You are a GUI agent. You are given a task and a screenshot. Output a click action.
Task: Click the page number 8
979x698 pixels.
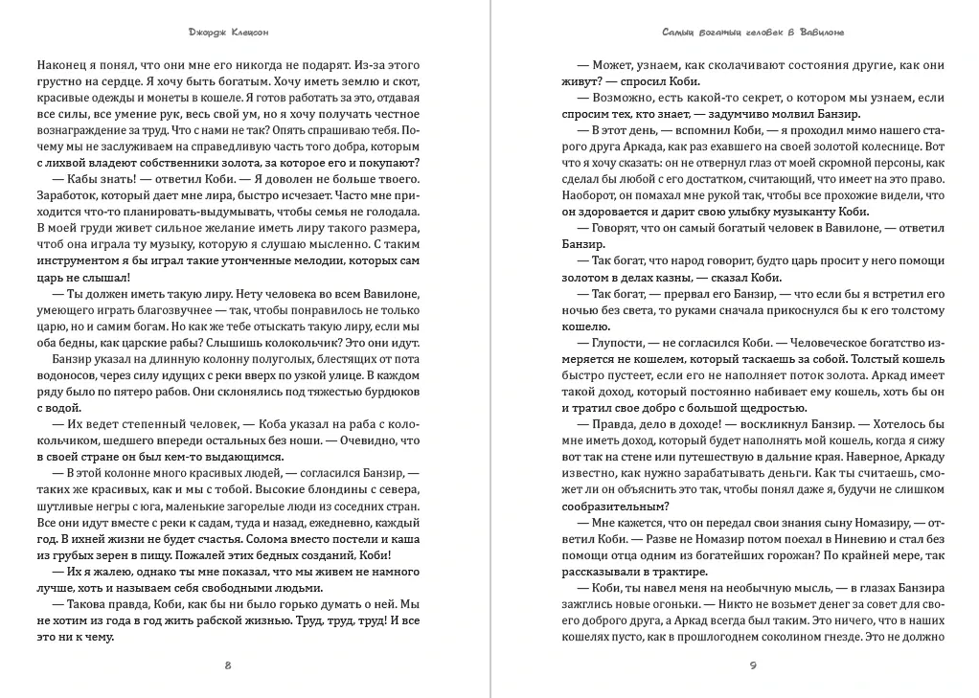coord(227,665)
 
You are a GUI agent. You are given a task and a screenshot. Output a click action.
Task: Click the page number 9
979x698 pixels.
coord(753,665)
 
